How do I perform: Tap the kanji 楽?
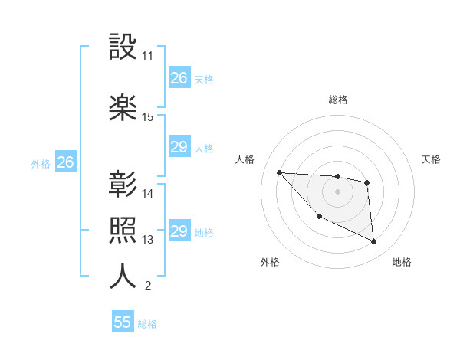coord(123,108)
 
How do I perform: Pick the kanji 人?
coord(123,277)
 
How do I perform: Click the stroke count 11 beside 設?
coord(147,56)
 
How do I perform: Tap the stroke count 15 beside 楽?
coord(148,117)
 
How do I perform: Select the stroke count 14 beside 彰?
coord(148,194)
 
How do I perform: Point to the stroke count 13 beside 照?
coord(148,240)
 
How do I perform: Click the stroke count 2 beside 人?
coord(147,286)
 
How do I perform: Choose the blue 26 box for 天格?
coord(179,77)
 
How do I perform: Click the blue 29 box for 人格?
coord(179,147)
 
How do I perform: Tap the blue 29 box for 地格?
coord(179,231)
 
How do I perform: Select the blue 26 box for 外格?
coord(65,162)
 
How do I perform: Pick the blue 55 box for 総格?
coord(123,322)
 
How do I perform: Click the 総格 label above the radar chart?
coord(337,100)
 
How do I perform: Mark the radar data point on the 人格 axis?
coord(279,172)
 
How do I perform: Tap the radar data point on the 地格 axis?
coord(374,242)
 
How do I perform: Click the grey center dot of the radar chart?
coord(337,191)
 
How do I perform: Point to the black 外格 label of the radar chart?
coord(270,262)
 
